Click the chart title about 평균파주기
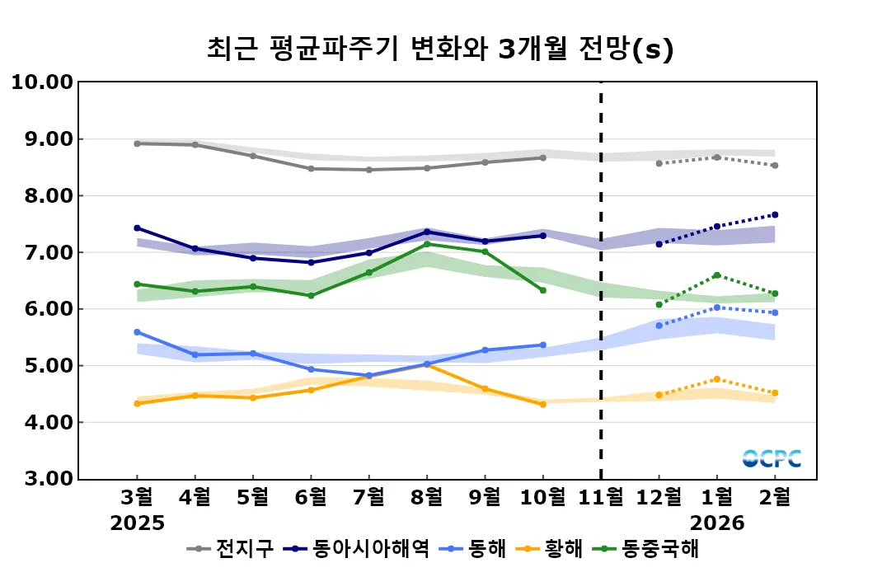(x=440, y=49)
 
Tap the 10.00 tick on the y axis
(x=41, y=82)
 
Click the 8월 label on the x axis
(x=426, y=498)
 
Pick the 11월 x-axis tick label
(x=600, y=498)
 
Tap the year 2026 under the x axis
(x=716, y=523)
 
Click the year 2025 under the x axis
(x=138, y=523)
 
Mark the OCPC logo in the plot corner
(x=771, y=458)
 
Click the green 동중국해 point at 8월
(x=427, y=244)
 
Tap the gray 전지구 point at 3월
(x=137, y=143)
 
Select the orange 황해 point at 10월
(x=542, y=404)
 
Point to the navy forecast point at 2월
(x=775, y=215)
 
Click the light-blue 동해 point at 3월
(x=137, y=332)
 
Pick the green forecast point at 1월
(x=717, y=275)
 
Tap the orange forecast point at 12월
(x=659, y=395)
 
